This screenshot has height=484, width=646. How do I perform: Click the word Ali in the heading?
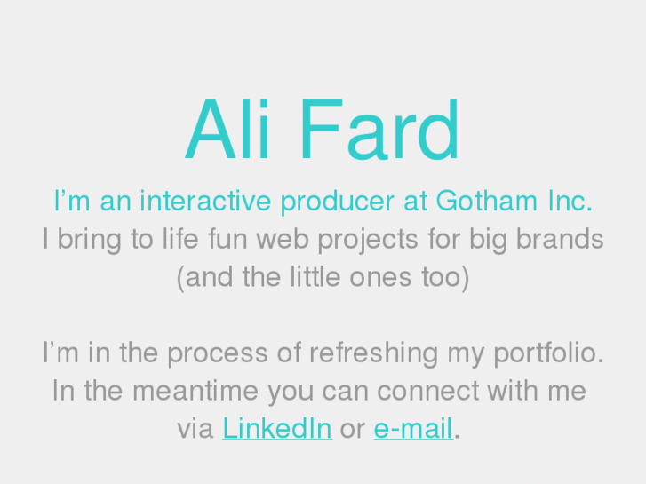click(229, 131)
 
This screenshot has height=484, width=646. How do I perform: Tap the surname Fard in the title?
click(380, 131)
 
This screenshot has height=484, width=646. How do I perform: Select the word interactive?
click(204, 201)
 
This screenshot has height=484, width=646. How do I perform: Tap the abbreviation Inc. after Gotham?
click(563, 201)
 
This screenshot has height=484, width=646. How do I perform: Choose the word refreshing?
click(373, 353)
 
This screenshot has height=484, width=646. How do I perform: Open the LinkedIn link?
click(276, 429)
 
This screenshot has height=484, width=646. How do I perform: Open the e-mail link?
click(413, 429)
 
